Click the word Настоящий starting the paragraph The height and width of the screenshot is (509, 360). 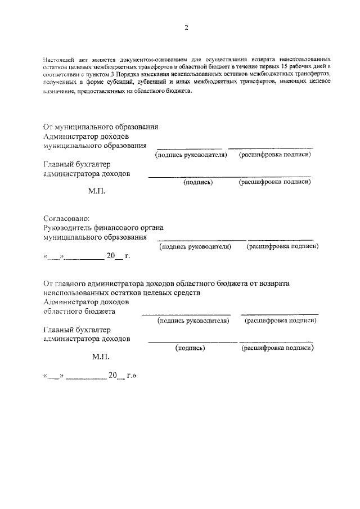click(58, 59)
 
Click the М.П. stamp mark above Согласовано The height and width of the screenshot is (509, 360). click(97, 191)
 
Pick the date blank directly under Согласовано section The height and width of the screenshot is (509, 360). click(87, 256)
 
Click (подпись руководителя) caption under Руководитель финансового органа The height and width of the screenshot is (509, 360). click(195, 246)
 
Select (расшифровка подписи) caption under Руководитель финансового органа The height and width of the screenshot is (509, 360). click(282, 246)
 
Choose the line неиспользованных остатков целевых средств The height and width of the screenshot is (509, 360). click(120, 292)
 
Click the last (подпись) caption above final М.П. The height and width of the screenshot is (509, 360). click(190, 348)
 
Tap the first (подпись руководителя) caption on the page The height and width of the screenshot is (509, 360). click(191, 155)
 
